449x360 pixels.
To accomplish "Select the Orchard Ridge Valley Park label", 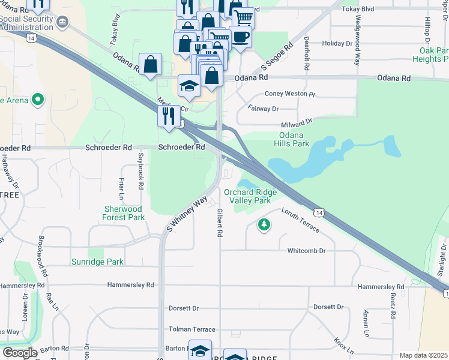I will (250, 196).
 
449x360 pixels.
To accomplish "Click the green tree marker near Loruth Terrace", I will (263, 225).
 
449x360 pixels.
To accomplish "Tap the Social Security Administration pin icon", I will (62, 22).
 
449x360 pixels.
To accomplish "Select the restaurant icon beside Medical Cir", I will (167, 115).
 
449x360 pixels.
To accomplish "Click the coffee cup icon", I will (240, 37).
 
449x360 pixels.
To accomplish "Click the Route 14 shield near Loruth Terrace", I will (320, 212).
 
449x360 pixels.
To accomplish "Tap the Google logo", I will (19, 353).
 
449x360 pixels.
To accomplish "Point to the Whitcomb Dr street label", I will (306, 250).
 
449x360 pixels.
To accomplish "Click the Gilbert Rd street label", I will (220, 222).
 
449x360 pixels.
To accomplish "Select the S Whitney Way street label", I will (187, 214).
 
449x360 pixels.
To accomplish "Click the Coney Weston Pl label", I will (290, 94).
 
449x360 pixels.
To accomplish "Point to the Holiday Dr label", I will (337, 44).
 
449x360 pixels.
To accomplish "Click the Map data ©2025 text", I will (423, 355).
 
